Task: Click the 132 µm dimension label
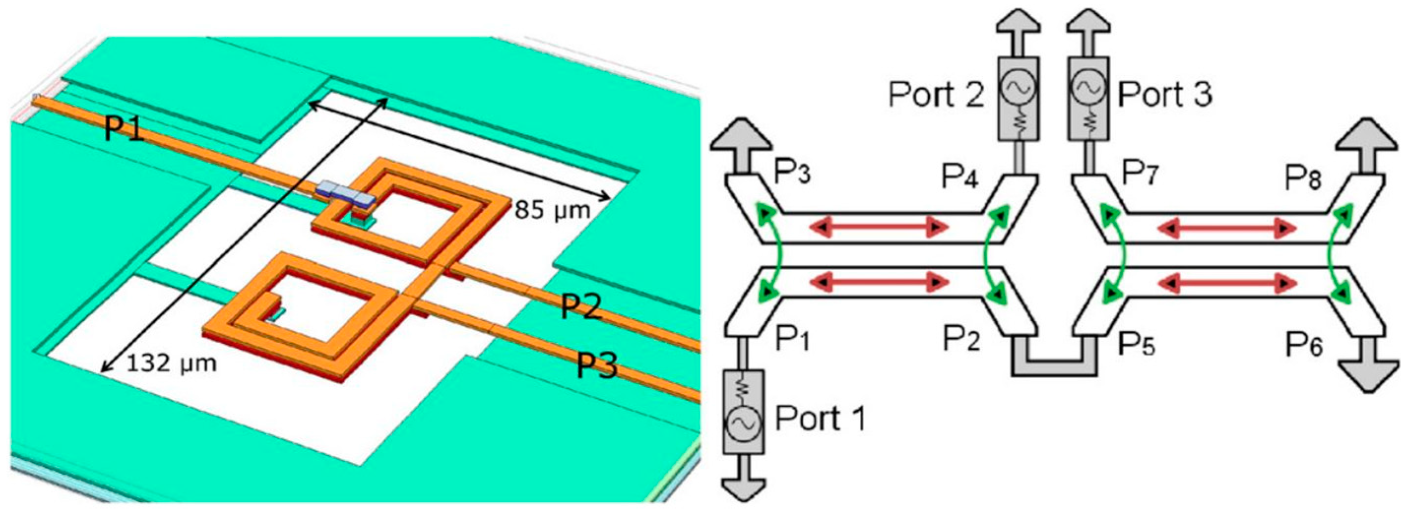[x=171, y=363]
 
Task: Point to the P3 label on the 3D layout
[x=597, y=365]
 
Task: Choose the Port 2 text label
[x=936, y=94]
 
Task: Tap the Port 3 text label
[x=1164, y=94]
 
